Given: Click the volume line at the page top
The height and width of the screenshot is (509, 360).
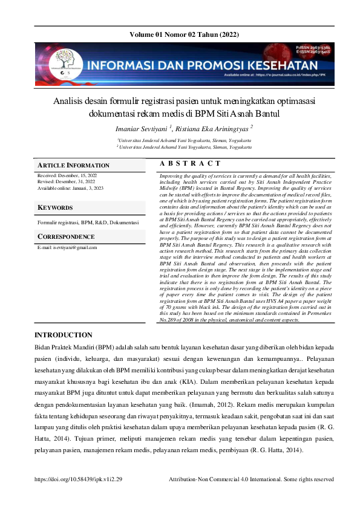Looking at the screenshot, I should pyautogui.click(x=180, y=34).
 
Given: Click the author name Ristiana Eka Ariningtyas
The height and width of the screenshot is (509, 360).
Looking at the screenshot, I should pyautogui.click(x=213, y=128).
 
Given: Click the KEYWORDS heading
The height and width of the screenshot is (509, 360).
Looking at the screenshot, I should pyautogui.click(x=55, y=208).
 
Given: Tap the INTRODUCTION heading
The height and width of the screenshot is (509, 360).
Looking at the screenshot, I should pyautogui.click(x=64, y=335).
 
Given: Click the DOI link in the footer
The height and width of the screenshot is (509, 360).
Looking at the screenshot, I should pyautogui.click(x=79, y=478).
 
